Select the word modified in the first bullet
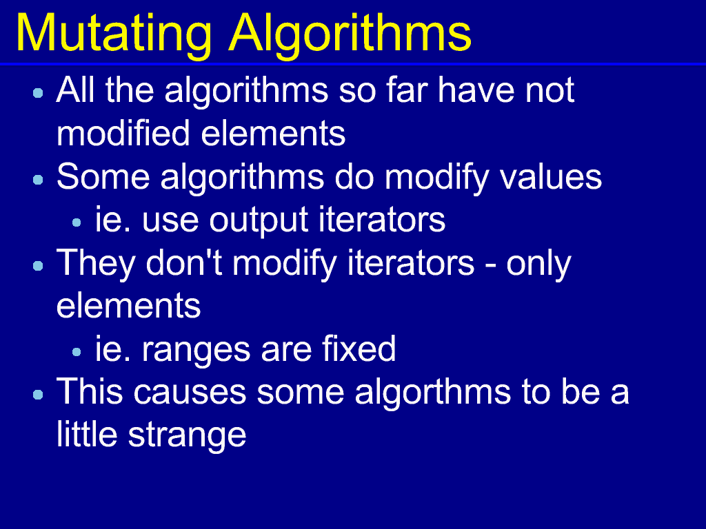pyautogui.click(x=123, y=133)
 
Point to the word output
pyautogui.click(x=259, y=221)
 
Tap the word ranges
pyautogui.click(x=195, y=351)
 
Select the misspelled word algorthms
pyautogui.click(x=433, y=392)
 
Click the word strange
pyautogui.click(x=188, y=435)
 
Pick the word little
pyautogui.click(x=87, y=434)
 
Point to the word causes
pyautogui.click(x=190, y=393)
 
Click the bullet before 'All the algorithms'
pyautogui.click(x=39, y=93)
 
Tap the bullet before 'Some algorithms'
pyautogui.click(x=39, y=180)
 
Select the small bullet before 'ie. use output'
pyautogui.click(x=77, y=222)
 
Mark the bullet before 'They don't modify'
pyautogui.click(x=39, y=266)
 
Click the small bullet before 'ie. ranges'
pyautogui.click(x=77, y=352)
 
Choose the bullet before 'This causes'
pyautogui.click(x=39, y=395)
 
